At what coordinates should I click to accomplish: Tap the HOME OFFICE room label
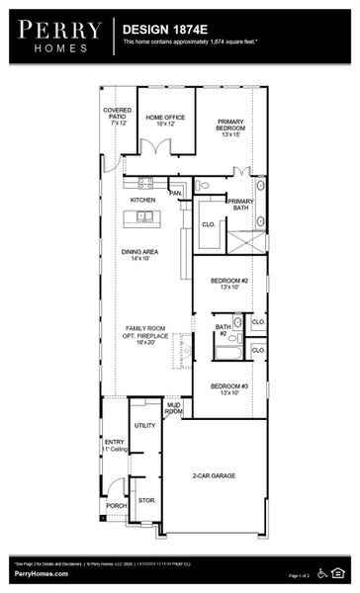tap(165, 120)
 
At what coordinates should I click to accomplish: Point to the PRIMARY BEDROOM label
tap(230, 127)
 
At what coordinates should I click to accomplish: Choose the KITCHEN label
tap(143, 200)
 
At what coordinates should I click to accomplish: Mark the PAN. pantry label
tap(175, 194)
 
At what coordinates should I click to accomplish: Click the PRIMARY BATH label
tap(241, 205)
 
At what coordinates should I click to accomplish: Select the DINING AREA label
tap(140, 254)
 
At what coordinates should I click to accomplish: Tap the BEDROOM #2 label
tap(229, 284)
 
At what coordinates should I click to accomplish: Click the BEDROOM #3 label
tap(229, 388)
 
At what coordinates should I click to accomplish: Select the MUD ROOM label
tap(173, 408)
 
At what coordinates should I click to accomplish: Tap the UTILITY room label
tap(144, 425)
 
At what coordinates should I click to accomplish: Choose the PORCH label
tap(116, 505)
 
